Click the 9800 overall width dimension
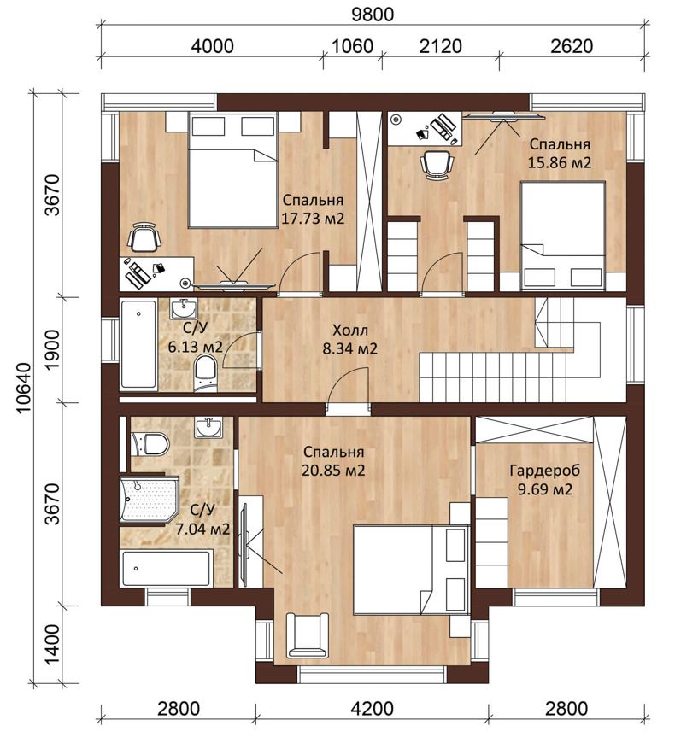373,15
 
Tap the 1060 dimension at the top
352,46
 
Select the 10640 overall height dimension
24,388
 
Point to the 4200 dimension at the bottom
373,709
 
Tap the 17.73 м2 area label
313,219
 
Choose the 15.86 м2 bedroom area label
560,162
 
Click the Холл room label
350,330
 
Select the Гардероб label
545,471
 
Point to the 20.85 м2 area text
334,471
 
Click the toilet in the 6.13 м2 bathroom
206,374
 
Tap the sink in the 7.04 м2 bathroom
208,427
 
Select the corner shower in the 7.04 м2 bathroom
149,499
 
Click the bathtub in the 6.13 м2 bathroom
138,344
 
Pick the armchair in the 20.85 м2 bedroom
308,635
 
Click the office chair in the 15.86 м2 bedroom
437,165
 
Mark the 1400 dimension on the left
53,645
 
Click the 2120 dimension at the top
441,46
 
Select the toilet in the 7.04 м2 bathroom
150,444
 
